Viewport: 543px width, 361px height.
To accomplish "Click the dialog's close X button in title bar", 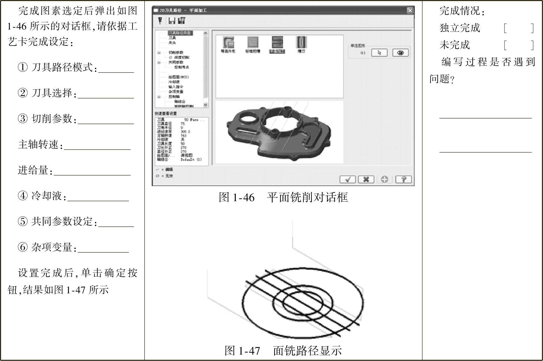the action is pos(410,11).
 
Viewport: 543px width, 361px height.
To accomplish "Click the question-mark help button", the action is pos(403,179).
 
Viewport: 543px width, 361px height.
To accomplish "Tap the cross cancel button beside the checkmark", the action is pos(366,179).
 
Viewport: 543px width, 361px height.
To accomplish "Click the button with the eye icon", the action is pos(400,53).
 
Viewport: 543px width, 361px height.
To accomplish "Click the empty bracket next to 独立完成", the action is pos(518,28).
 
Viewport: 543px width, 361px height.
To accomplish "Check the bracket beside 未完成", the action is pos(518,45).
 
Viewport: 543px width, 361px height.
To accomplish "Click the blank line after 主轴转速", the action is pos(97,145).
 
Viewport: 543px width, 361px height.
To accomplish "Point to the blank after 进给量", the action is pos(92,171).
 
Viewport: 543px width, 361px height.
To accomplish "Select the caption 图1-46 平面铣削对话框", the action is pos(283,198).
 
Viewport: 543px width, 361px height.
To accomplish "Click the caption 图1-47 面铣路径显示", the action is pos(283,351).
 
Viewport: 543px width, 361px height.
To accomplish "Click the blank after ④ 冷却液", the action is pos(98,197).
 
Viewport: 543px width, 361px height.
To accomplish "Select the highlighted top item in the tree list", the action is pos(180,33).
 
